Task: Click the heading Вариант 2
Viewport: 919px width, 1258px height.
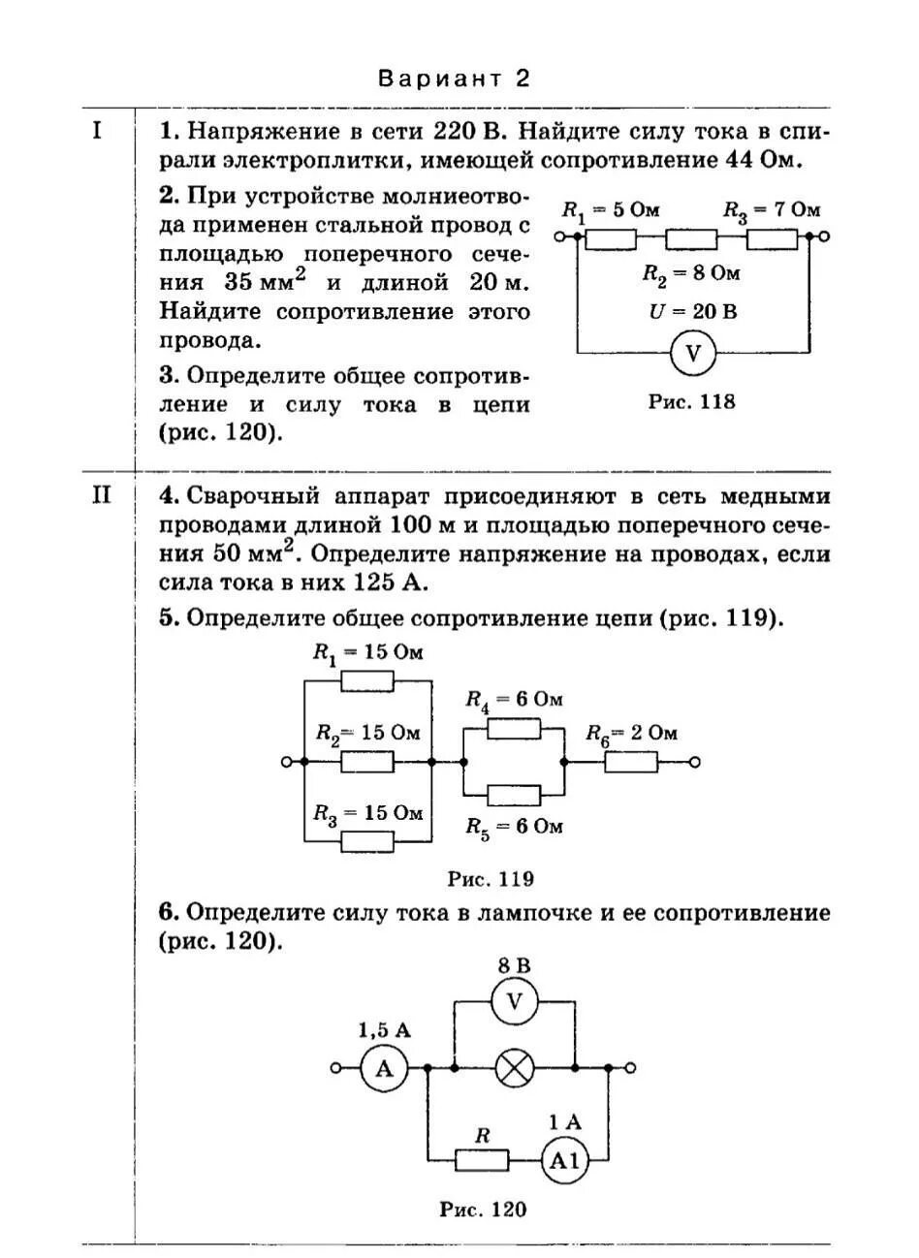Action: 455,78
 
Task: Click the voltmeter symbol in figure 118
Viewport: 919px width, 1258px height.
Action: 692,355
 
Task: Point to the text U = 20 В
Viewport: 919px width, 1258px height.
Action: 692,312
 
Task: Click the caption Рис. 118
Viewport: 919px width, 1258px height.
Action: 691,401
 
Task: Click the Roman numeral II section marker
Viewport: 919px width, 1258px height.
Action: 101,496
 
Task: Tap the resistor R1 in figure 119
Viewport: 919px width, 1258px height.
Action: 367,682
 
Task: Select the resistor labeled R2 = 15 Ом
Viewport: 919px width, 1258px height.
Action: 367,763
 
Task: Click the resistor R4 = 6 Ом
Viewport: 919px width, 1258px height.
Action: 514,729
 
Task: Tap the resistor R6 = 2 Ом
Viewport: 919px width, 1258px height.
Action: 631,763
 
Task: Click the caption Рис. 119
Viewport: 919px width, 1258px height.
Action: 491,880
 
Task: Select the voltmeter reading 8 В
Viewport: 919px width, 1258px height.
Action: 514,966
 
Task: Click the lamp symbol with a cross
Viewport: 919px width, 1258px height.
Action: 514,1069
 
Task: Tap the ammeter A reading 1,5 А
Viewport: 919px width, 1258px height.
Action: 384,1069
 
